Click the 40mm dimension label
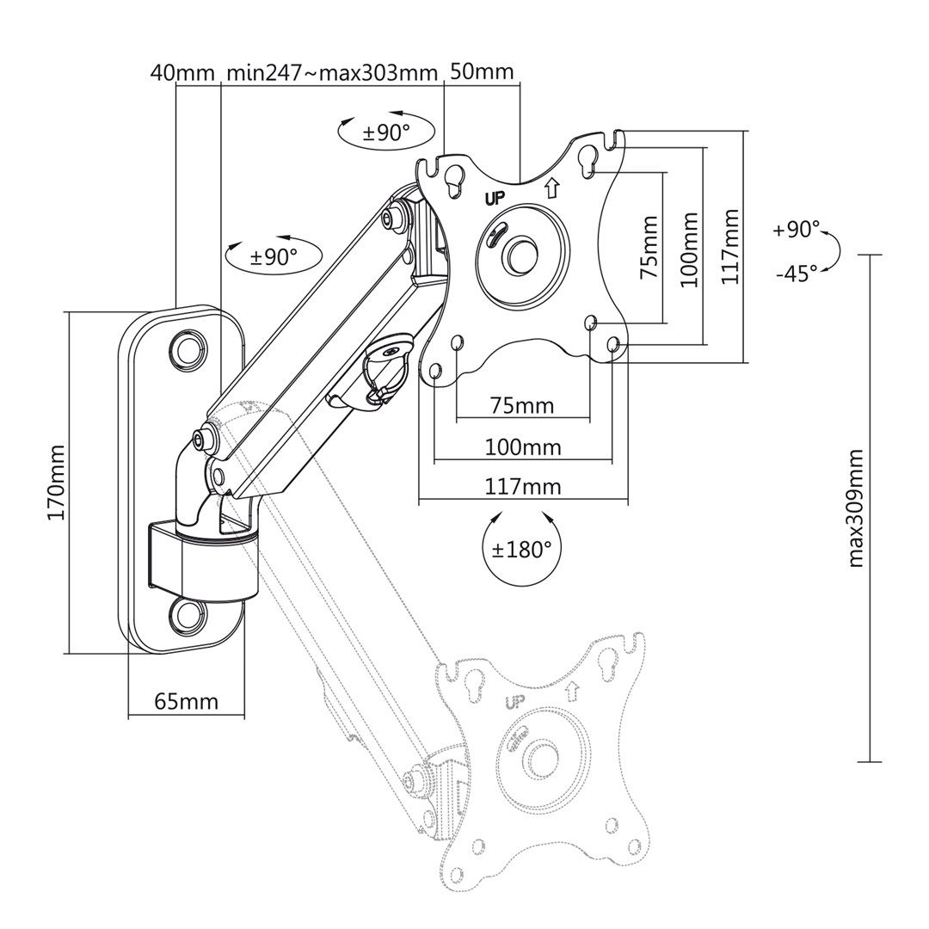click(x=181, y=72)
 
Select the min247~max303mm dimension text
click(x=331, y=72)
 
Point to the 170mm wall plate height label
click(x=56, y=482)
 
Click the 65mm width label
click(x=186, y=701)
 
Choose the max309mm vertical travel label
click(x=855, y=508)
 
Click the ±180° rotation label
click(x=522, y=549)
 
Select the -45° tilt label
click(x=796, y=274)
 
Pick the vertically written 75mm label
click(x=649, y=247)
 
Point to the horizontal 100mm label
click(x=522, y=447)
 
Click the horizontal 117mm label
click(x=522, y=488)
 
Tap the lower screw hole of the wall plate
click(x=187, y=615)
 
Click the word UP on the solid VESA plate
click(x=495, y=196)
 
